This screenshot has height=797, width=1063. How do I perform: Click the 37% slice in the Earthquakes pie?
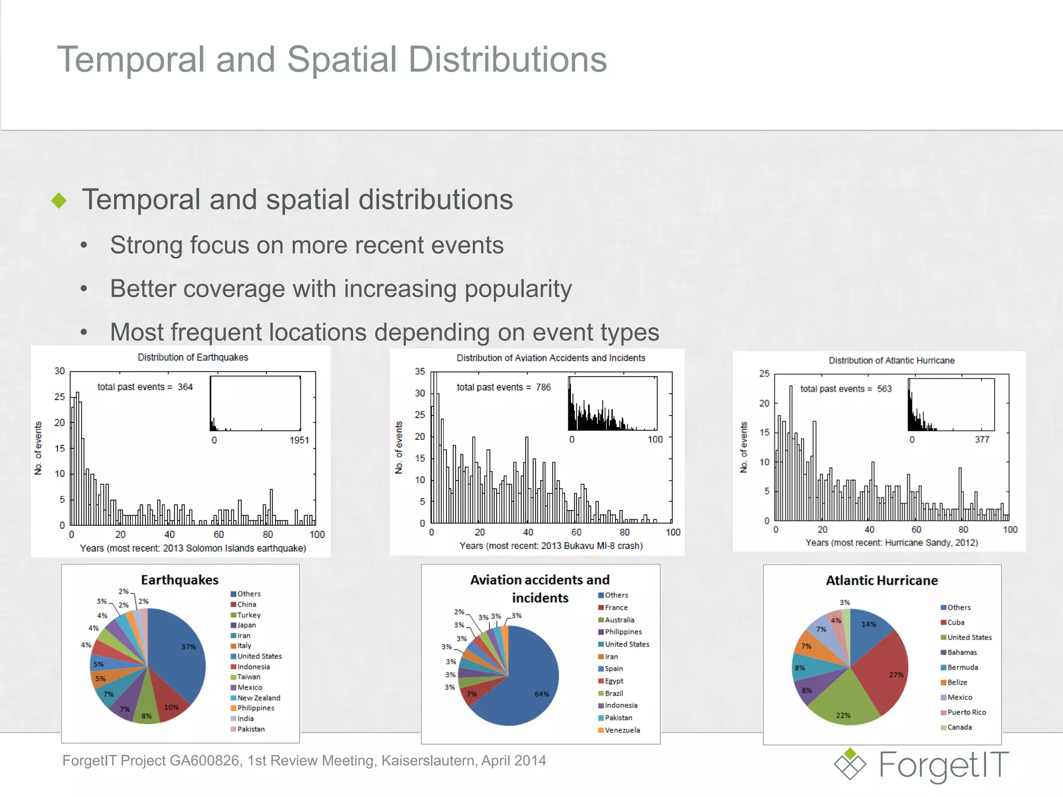pyautogui.click(x=179, y=654)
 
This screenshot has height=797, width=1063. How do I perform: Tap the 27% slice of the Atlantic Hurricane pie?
pyautogui.click(x=885, y=672)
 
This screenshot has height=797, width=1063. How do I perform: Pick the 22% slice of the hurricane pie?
pyautogui.click(x=843, y=706)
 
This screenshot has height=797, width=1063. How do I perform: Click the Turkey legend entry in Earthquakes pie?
pyautogui.click(x=248, y=615)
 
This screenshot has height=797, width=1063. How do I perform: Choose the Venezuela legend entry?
pyautogui.click(x=621, y=730)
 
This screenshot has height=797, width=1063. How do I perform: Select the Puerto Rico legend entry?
pyautogui.click(x=965, y=712)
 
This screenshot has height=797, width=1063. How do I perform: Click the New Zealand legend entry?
pyautogui.click(x=258, y=698)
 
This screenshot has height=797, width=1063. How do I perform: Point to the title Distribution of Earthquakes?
pyautogui.click(x=193, y=358)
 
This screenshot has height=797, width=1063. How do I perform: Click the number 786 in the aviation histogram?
pyautogui.click(x=543, y=387)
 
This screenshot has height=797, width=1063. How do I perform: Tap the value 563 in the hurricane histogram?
pyautogui.click(x=884, y=389)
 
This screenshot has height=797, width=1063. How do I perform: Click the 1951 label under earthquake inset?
pyautogui.click(x=299, y=440)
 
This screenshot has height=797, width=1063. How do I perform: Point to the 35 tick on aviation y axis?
pyautogui.click(x=419, y=372)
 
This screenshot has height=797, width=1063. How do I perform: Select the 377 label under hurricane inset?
pyautogui.click(x=982, y=439)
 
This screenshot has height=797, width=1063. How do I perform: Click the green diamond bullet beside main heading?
pyautogui.click(x=59, y=200)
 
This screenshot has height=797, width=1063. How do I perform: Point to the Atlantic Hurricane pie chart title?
pyautogui.click(x=881, y=581)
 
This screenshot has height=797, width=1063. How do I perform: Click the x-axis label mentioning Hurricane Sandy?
pyautogui.click(x=891, y=543)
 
